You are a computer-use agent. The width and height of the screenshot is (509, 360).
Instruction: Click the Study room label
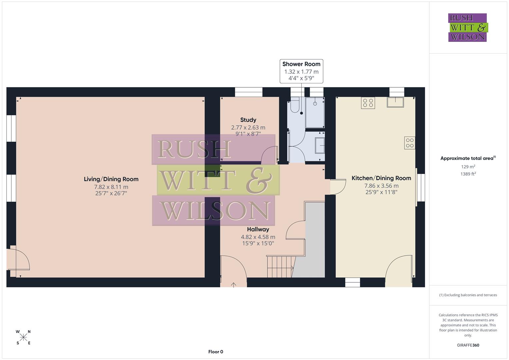coord(248,120)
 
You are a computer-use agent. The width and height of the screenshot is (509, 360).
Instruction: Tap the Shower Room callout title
coord(301,64)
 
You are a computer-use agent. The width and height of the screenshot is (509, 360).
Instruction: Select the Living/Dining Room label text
coord(111,179)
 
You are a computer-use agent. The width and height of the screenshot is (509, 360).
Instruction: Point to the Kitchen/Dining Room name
coord(381,178)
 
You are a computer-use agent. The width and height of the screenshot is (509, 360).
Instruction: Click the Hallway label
coord(258,229)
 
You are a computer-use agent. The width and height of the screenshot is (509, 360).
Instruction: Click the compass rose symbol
coord(23,337)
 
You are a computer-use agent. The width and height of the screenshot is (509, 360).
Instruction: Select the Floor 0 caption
coord(215,352)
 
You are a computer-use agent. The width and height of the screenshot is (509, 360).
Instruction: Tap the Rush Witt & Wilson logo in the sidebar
coord(467,28)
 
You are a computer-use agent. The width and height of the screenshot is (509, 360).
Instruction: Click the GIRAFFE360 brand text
coord(468,345)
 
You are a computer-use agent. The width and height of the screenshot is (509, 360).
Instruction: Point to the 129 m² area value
coord(468,167)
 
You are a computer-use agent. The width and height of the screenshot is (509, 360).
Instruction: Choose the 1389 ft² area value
coord(468,174)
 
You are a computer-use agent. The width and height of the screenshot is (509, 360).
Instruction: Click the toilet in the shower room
coord(295,105)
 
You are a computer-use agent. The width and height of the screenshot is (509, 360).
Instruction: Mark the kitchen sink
coord(395,102)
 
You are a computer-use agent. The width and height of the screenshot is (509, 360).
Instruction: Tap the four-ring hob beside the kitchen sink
coord(368,103)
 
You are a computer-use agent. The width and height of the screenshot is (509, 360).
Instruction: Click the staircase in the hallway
coord(280,266)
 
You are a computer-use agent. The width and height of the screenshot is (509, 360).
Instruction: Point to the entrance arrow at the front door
coord(234,285)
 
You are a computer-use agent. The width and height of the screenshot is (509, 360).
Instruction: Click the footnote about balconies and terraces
coord(468,295)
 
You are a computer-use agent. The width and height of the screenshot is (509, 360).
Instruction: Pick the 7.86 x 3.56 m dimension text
coord(381,186)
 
